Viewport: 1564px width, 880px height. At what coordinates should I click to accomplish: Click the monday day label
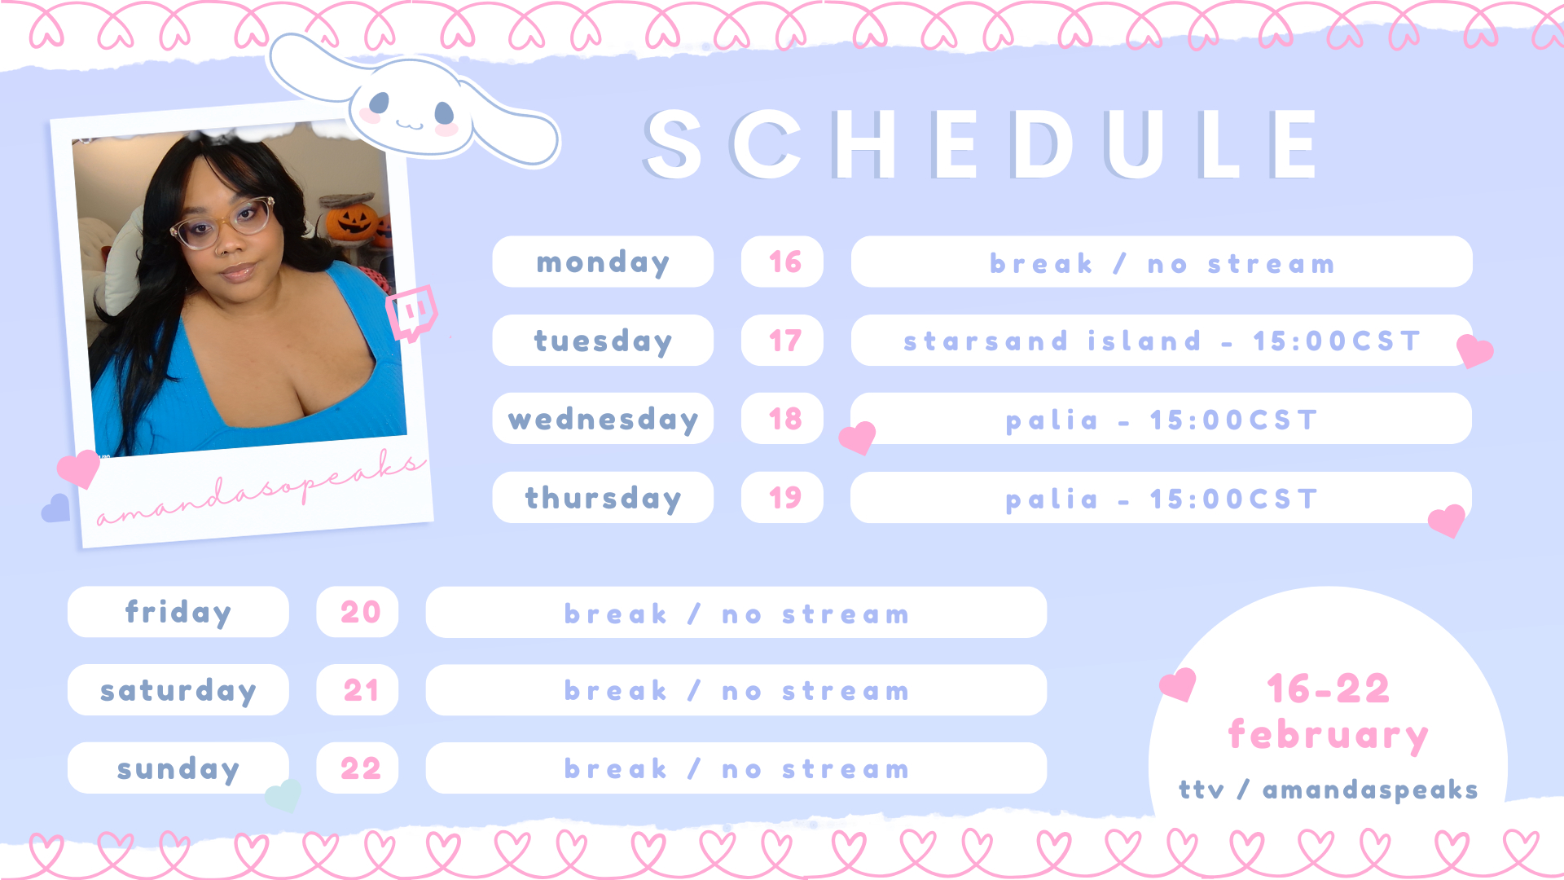pyautogui.click(x=603, y=262)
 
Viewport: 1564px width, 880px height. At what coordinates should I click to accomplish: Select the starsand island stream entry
pyautogui.click(x=1162, y=341)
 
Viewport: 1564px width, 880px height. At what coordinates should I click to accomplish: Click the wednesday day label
pyautogui.click(x=603, y=419)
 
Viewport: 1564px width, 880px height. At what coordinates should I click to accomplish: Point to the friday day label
pyautogui.click(x=178, y=612)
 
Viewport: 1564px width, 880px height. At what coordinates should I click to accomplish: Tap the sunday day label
pyautogui.click(x=178, y=768)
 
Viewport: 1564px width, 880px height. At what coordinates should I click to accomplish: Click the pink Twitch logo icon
pyautogui.click(x=412, y=312)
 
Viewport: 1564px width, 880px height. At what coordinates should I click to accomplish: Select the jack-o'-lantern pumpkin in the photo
pyautogui.click(x=353, y=221)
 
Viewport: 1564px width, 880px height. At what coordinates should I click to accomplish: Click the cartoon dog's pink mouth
pyautogui.click(x=410, y=125)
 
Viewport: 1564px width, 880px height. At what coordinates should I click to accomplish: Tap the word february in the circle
pyautogui.click(x=1329, y=736)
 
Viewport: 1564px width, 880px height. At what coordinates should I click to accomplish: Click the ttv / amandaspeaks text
pyautogui.click(x=1329, y=790)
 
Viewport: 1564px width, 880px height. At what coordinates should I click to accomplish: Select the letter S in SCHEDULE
pyautogui.click(x=673, y=145)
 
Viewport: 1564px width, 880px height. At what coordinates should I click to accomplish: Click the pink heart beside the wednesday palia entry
pyautogui.click(x=858, y=438)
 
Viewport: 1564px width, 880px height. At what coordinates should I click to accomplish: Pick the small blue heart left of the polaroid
pyautogui.click(x=56, y=508)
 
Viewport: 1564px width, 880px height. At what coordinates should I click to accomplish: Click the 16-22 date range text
pyautogui.click(x=1329, y=689)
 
